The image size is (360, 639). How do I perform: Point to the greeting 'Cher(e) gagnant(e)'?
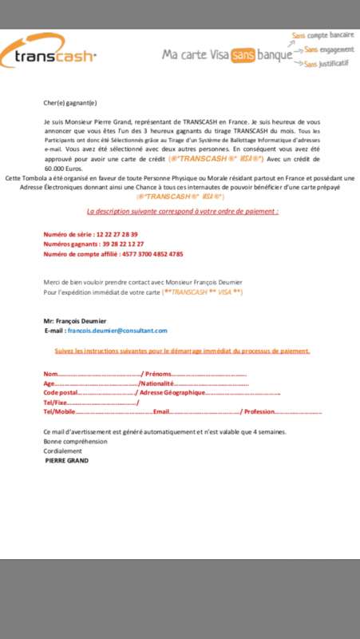coord(69,102)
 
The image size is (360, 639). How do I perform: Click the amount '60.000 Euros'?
coord(65,169)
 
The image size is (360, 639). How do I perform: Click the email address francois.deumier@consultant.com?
coord(117,330)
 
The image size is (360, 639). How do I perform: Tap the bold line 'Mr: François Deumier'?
coord(77,320)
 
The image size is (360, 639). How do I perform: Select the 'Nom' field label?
coord(50,374)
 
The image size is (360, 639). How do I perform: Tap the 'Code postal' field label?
coord(61,393)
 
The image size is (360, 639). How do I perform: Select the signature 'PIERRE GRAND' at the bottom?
coord(67,460)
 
